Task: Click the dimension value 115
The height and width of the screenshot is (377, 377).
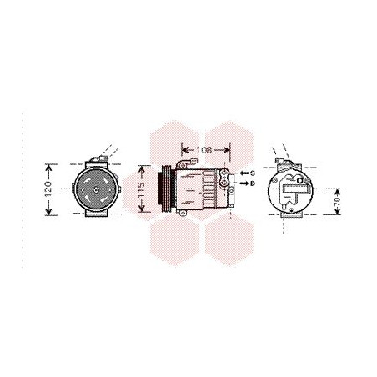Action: click(x=143, y=190)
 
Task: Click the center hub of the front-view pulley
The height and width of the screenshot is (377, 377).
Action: click(x=94, y=192)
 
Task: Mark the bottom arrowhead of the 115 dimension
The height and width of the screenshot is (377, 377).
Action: click(x=143, y=213)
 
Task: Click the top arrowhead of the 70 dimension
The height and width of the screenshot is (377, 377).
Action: click(x=337, y=188)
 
